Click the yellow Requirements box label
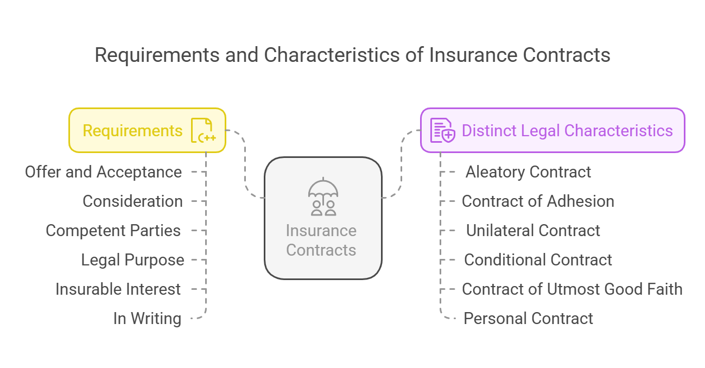132,131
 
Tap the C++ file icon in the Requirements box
204,130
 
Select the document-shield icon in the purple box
442,130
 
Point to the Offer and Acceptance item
103,172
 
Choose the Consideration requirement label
132,201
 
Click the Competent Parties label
113,231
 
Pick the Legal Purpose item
132,260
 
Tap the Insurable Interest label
118,289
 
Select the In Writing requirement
147,318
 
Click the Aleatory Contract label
528,172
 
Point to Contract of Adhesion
538,201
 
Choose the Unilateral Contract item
533,231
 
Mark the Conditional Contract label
538,259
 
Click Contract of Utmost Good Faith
572,289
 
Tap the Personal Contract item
528,318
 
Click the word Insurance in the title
473,55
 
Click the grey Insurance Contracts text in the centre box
321,240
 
